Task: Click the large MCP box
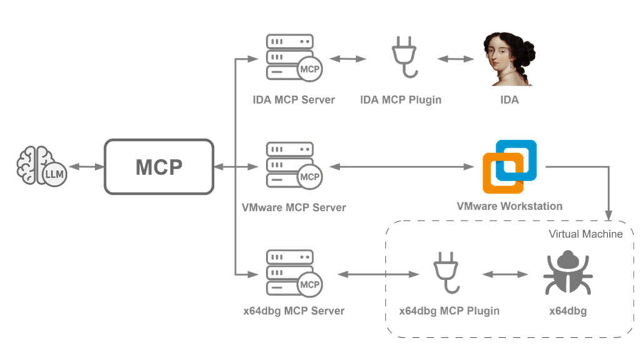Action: pyautogui.click(x=159, y=167)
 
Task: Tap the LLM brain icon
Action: pyautogui.click(x=41, y=167)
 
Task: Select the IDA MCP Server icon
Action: pyautogui.click(x=293, y=57)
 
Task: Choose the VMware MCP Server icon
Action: pyautogui.click(x=293, y=166)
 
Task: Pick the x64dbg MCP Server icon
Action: pyautogui.click(x=293, y=274)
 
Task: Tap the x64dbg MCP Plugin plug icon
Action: pyautogui.click(x=449, y=274)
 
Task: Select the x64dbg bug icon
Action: pyautogui.click(x=567, y=274)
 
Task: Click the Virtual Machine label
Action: pyautogui.click(x=586, y=234)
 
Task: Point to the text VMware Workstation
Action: pyautogui.click(x=509, y=206)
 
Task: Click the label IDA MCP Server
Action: pyautogui.click(x=294, y=99)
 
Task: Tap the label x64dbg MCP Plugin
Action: pyautogui.click(x=449, y=311)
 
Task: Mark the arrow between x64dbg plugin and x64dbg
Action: pyautogui.click(x=505, y=274)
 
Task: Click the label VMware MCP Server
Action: pyautogui.click(x=294, y=207)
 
